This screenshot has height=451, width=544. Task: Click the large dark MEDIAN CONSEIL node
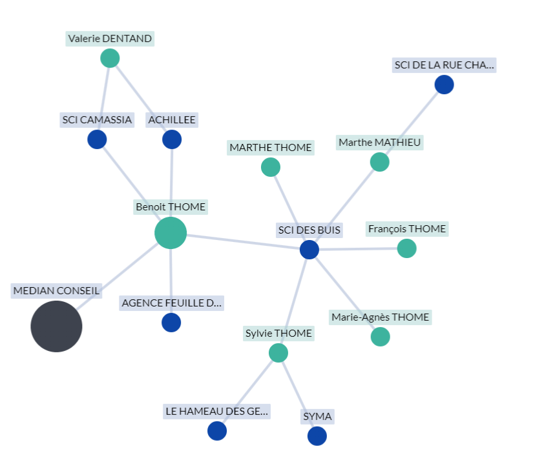(x=56, y=326)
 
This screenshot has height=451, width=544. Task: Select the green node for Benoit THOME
(x=171, y=233)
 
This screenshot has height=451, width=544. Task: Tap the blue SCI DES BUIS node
(x=309, y=250)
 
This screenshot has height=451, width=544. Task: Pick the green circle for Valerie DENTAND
(x=110, y=58)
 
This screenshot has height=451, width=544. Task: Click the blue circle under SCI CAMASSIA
(x=97, y=139)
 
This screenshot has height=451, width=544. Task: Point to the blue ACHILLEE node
(x=172, y=139)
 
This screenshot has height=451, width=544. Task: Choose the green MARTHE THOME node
(x=271, y=167)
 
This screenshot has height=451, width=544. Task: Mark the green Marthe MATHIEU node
(x=380, y=162)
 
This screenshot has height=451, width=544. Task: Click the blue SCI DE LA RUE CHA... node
(x=444, y=85)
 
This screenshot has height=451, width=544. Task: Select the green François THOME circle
(x=406, y=248)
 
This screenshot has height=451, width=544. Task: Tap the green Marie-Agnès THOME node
(x=381, y=336)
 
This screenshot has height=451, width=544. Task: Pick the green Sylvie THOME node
(x=278, y=353)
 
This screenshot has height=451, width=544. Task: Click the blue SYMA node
(x=317, y=436)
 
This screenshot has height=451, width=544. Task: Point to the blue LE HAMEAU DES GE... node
(x=217, y=431)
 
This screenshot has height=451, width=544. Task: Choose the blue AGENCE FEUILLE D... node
(x=171, y=323)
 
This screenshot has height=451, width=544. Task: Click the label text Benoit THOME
(x=171, y=207)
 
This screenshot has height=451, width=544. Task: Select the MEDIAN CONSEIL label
(x=57, y=291)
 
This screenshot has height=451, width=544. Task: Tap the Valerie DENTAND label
(x=110, y=39)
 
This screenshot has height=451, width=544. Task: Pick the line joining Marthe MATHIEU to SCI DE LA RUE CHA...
(x=412, y=123)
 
